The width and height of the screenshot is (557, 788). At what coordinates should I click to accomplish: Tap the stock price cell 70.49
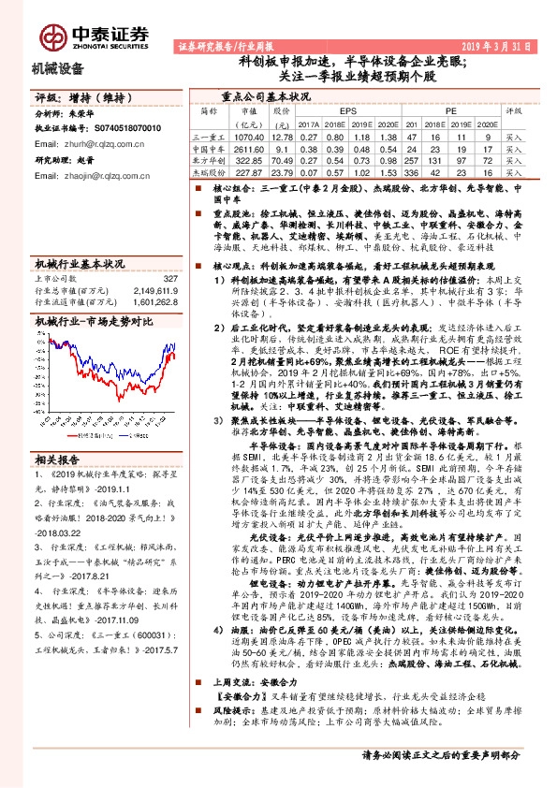click(x=280, y=160)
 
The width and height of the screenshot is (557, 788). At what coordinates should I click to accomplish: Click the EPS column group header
click(x=348, y=110)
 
